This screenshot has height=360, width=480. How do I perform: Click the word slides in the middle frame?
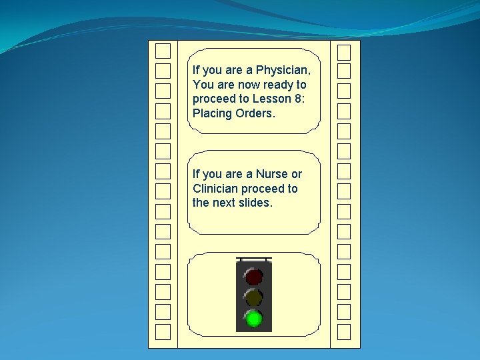pyautogui.click(x=254, y=203)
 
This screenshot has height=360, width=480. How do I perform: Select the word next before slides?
pyautogui.click(x=223, y=203)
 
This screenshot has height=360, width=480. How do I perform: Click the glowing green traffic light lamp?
pyautogui.click(x=253, y=318)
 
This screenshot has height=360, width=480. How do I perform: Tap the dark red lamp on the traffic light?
pyautogui.click(x=253, y=275)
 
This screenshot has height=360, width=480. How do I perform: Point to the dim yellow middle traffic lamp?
pyautogui.click(x=253, y=297)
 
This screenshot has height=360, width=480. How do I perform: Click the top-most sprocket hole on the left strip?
pyautogui.click(x=163, y=51)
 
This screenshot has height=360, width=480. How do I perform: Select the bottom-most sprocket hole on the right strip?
pyautogui.click(x=343, y=331)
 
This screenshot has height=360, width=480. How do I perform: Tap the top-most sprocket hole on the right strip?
pyautogui.click(x=343, y=51)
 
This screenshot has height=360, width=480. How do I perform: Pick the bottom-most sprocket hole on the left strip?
pyautogui.click(x=163, y=331)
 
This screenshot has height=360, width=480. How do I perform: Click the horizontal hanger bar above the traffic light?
pyautogui.click(x=254, y=257)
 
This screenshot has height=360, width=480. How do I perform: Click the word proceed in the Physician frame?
pyautogui.click(x=213, y=99)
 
